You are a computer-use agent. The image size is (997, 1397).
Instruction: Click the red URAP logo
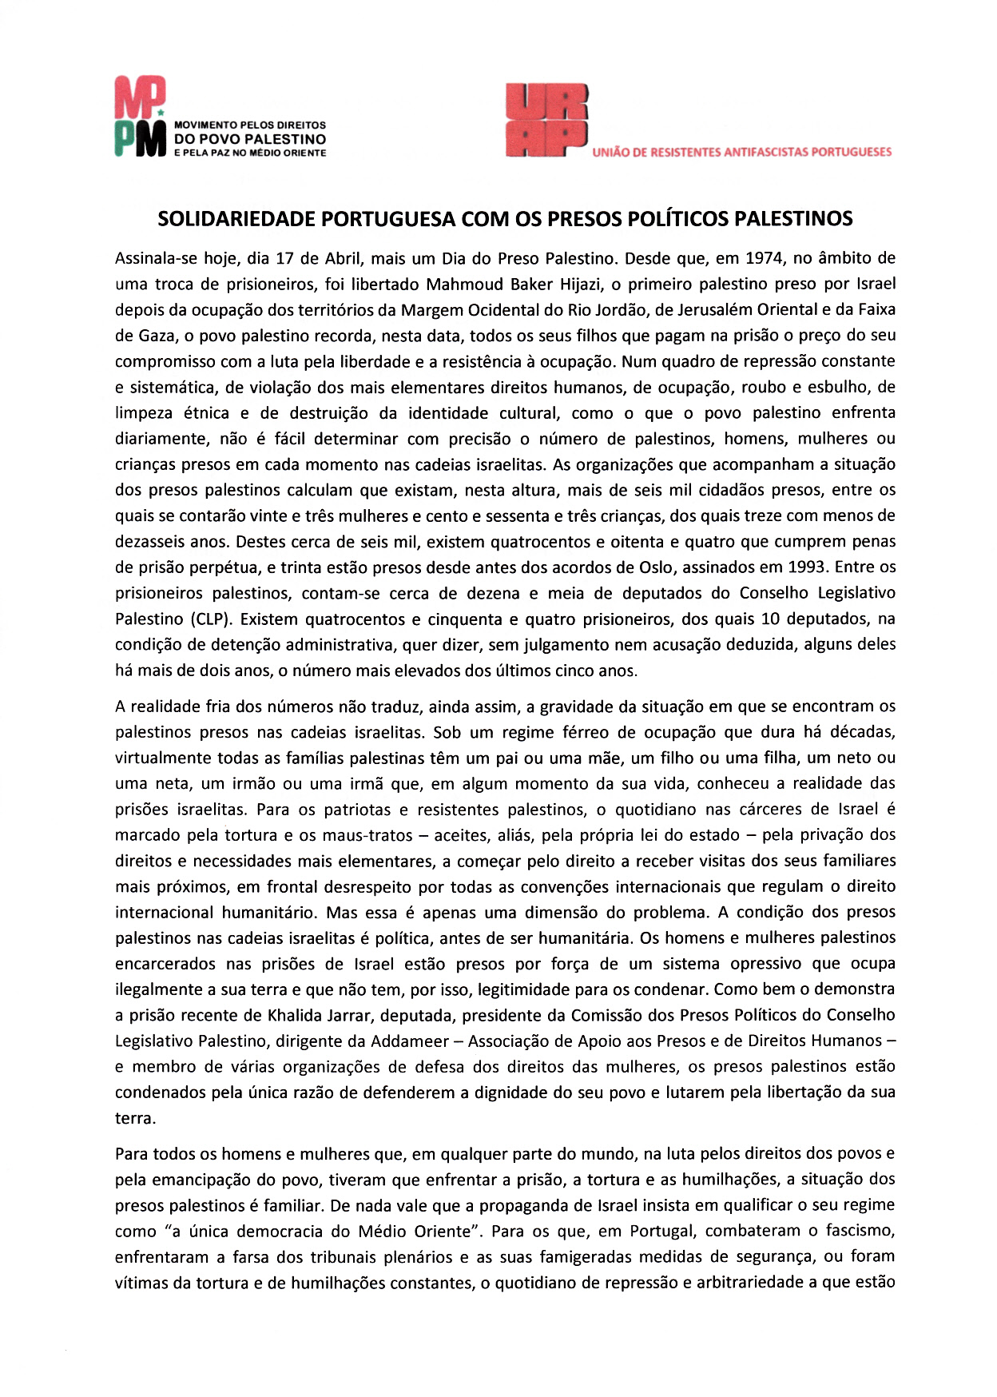point(546,120)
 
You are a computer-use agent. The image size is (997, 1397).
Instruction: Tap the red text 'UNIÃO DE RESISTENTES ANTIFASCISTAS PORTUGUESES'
point(742,152)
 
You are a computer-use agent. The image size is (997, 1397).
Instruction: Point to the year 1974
point(765,259)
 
